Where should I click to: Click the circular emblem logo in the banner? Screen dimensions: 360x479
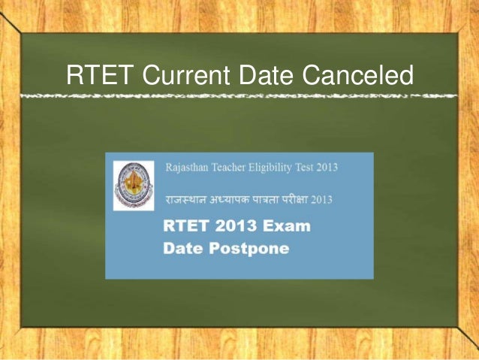click(133, 185)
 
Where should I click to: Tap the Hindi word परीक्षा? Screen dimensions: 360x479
click(308, 200)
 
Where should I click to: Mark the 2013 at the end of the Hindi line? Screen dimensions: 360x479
click(336, 200)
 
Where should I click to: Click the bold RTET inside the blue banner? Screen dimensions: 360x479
click(183, 226)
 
